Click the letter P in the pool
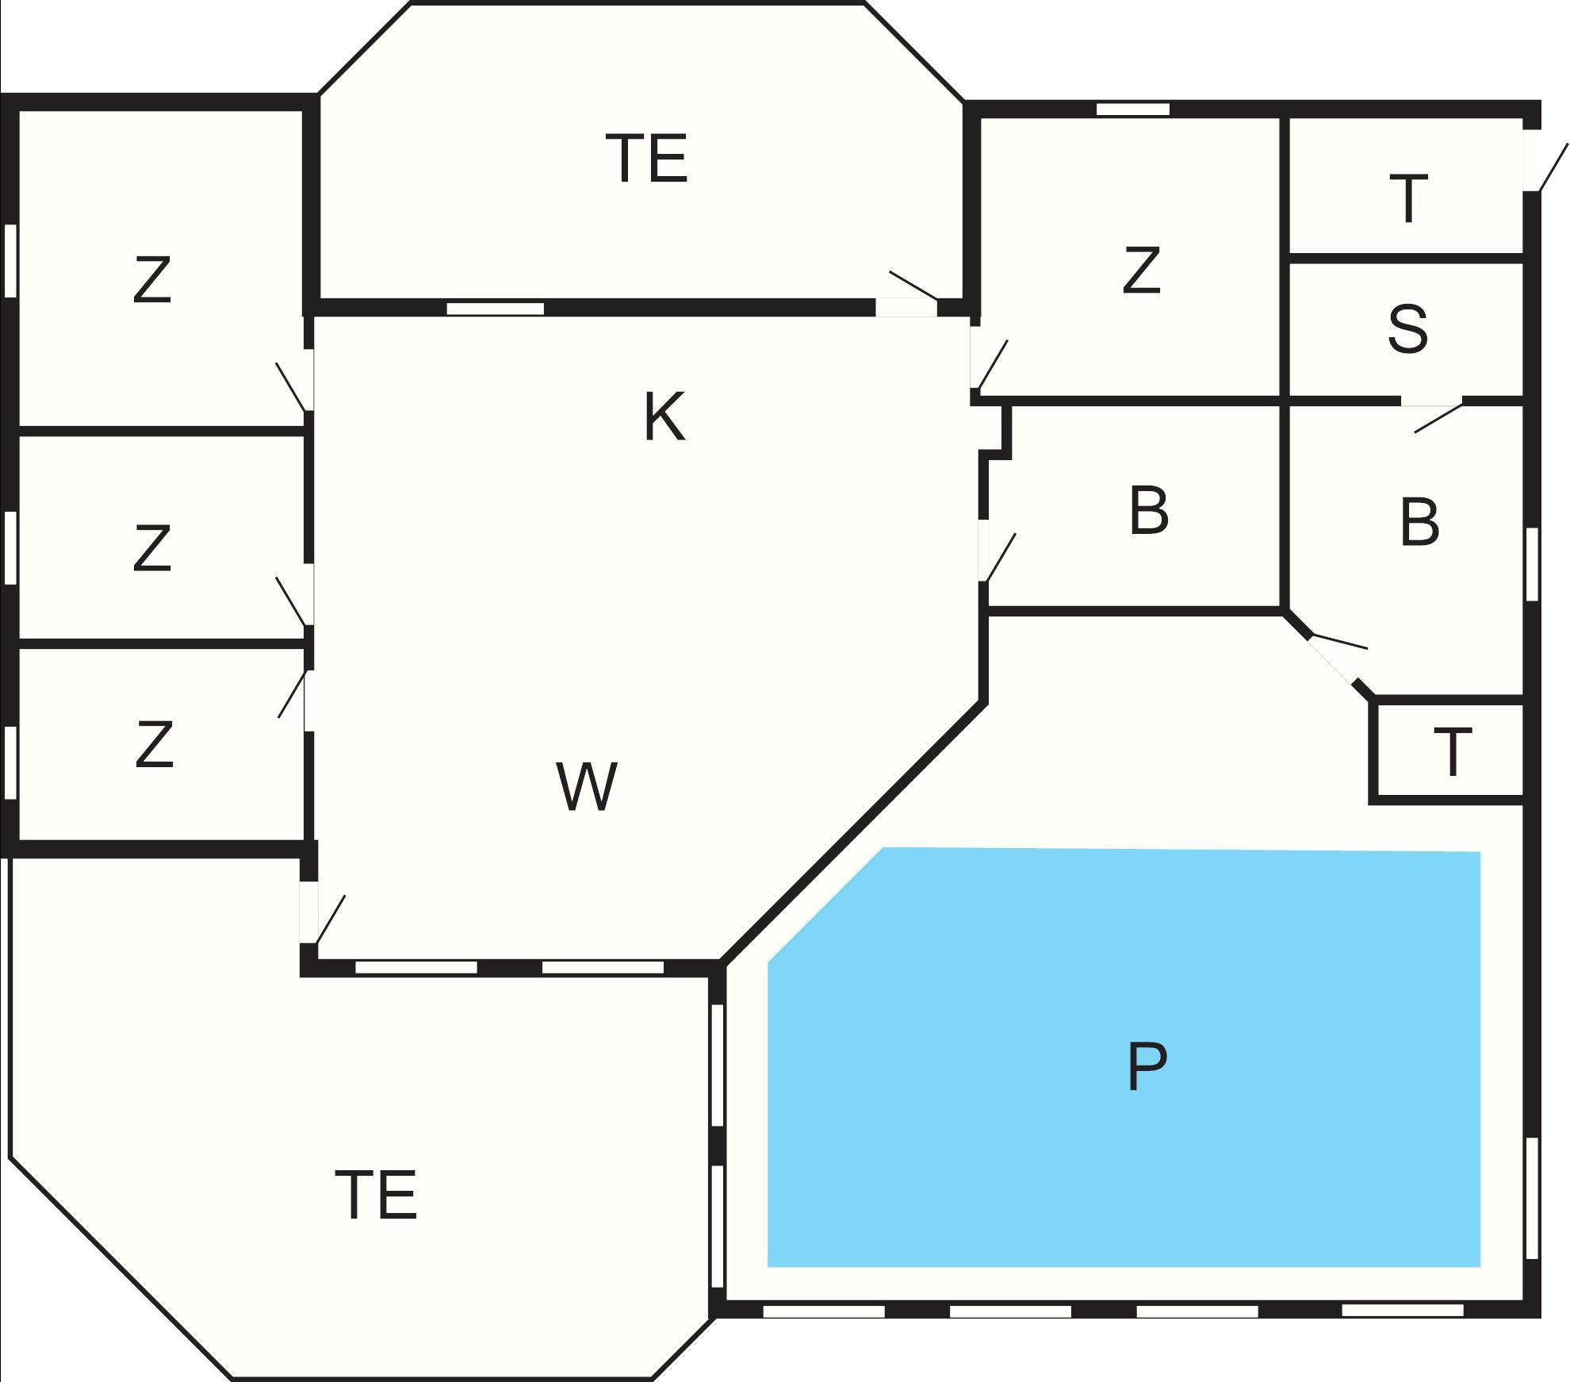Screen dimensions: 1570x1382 tap(1146, 1067)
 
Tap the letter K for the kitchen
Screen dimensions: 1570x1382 tap(664, 417)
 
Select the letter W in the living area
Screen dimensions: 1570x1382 tap(587, 786)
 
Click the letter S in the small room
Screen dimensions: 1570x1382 tap(1408, 328)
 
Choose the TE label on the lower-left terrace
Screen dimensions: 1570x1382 tap(376, 1194)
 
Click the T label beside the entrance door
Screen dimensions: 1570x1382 tap(1408, 199)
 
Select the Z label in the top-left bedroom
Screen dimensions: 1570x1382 tap(152, 279)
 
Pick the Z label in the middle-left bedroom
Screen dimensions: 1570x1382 tap(152, 547)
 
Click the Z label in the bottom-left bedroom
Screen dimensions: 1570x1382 tap(154, 743)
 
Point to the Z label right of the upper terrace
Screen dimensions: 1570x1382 tap(1142, 270)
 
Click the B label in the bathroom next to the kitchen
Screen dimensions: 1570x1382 tap(1148, 512)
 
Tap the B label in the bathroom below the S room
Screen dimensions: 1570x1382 tap(1419, 521)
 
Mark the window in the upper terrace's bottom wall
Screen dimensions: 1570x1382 tap(496, 309)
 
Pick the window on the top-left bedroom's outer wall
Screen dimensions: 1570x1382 tap(10, 261)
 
